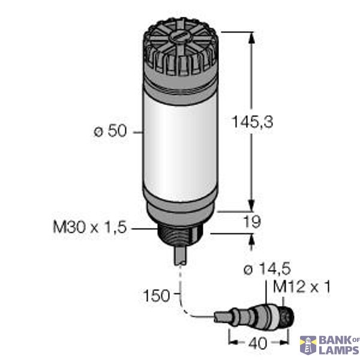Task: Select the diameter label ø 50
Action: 111,131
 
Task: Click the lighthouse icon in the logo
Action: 307,345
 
